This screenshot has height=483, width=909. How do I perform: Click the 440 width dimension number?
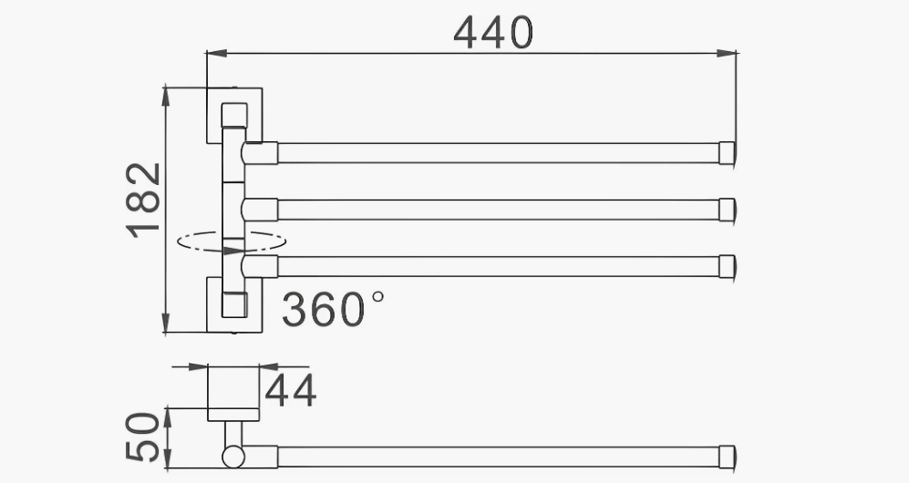click(492, 34)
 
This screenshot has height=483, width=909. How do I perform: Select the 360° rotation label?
click(332, 309)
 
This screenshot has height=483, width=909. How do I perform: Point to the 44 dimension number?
click(291, 391)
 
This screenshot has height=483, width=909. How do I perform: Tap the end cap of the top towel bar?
click(727, 153)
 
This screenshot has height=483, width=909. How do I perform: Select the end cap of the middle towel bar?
click(727, 210)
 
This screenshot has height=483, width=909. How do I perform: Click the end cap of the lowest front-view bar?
click(727, 265)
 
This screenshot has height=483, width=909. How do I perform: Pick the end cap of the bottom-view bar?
click(727, 456)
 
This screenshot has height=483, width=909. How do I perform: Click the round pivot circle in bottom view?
click(232, 456)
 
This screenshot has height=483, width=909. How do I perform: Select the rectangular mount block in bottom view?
click(232, 392)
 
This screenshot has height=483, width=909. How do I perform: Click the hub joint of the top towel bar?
click(260, 153)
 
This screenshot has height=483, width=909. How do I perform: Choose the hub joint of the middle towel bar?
click(260, 210)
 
